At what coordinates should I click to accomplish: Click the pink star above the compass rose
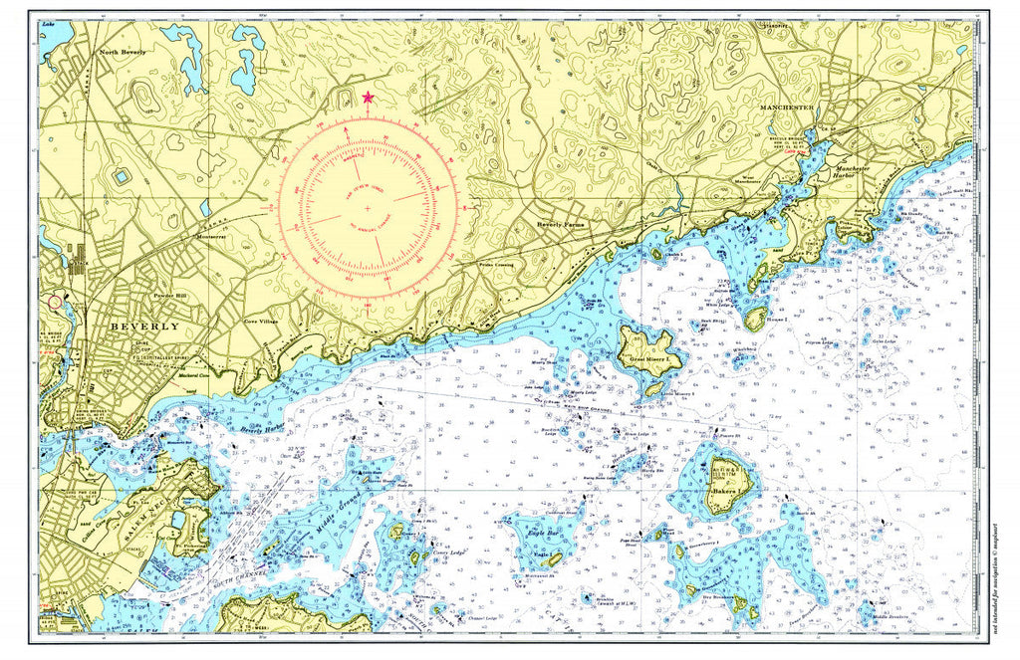(x=369, y=97)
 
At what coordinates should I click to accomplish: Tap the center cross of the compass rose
(x=368, y=207)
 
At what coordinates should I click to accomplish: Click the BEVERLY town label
(x=145, y=327)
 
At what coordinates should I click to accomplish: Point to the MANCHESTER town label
(x=787, y=107)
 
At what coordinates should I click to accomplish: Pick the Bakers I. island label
(x=720, y=491)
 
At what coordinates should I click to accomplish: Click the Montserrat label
(x=211, y=237)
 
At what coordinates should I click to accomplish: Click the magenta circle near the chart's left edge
(x=55, y=301)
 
